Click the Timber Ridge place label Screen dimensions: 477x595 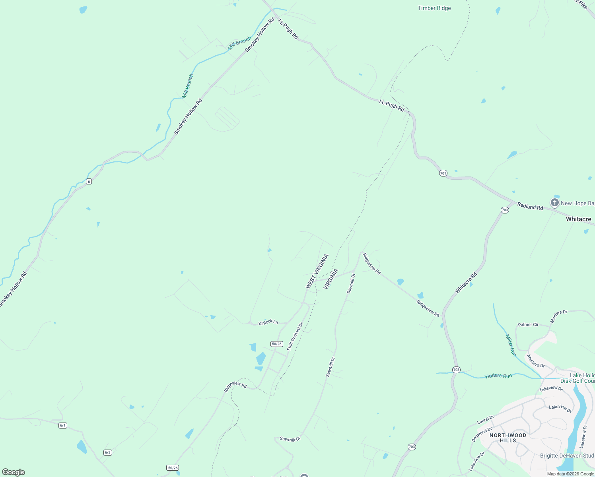pyautogui.click(x=434, y=8)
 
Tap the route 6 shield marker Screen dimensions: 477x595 pyautogui.click(x=89, y=182)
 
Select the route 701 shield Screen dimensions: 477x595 pyautogui.click(x=443, y=173)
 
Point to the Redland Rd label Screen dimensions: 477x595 pyautogui.click(x=530, y=206)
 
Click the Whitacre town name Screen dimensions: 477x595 pyautogui.click(x=578, y=219)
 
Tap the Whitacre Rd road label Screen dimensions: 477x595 pyautogui.click(x=466, y=283)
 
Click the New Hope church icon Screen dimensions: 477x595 pyautogui.click(x=554, y=203)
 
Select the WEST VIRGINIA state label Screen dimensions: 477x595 pyautogui.click(x=317, y=271)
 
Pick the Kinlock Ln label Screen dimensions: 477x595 pyautogui.click(x=268, y=322)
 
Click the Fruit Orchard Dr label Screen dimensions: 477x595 pyautogui.click(x=295, y=336)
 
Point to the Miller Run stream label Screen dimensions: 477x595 pyautogui.click(x=511, y=345)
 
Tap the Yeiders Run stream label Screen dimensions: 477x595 pyautogui.click(x=498, y=376)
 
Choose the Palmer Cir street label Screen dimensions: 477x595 pyautogui.click(x=528, y=325)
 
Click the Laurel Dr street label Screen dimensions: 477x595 pyautogui.click(x=485, y=420)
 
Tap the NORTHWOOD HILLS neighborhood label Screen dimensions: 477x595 pyautogui.click(x=508, y=438)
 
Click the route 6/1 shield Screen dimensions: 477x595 pyautogui.click(x=63, y=425)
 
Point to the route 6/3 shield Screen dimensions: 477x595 pyautogui.click(x=107, y=452)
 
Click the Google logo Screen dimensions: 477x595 pyautogui.click(x=14, y=472)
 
